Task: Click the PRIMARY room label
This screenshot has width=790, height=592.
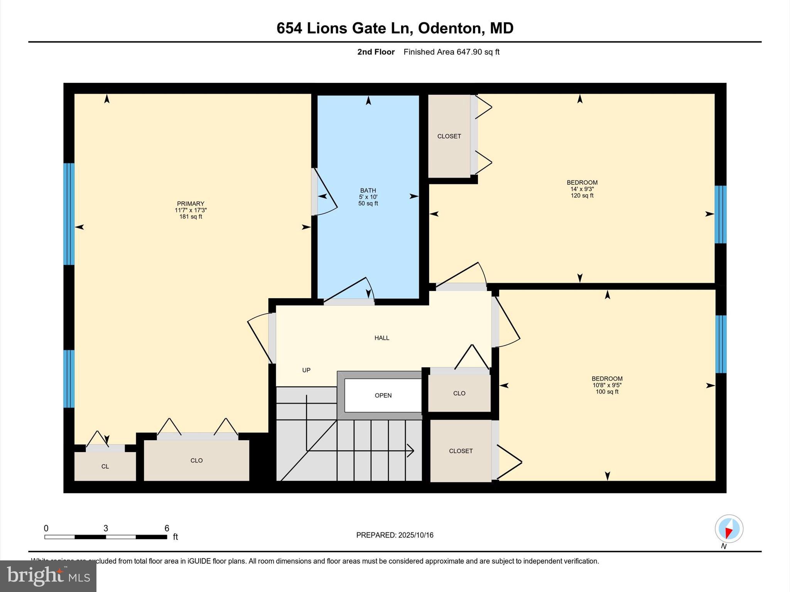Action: click(191, 203)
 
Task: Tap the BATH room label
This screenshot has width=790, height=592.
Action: click(368, 190)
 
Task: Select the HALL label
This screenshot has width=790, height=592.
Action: click(381, 338)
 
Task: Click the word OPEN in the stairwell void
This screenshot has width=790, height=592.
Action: click(383, 395)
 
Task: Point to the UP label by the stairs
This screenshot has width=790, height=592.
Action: click(306, 370)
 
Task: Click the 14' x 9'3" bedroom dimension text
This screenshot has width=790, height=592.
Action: click(582, 189)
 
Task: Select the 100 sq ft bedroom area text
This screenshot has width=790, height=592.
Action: click(607, 392)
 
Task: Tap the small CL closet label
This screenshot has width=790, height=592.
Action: click(105, 466)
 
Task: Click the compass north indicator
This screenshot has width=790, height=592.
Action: click(729, 529)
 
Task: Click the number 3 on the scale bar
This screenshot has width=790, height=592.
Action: click(106, 528)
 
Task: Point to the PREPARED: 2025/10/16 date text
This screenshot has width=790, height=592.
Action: click(395, 535)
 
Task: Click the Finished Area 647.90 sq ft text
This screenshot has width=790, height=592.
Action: click(451, 52)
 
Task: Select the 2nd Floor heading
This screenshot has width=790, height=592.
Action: click(376, 52)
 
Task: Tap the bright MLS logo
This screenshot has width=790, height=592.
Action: click(48, 576)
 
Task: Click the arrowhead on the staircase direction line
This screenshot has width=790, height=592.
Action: click(411, 450)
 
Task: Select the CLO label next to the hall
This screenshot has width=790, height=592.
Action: click(459, 393)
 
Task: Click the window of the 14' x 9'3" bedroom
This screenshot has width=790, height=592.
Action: click(720, 214)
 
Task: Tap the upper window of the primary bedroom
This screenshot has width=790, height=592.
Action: click(69, 214)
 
